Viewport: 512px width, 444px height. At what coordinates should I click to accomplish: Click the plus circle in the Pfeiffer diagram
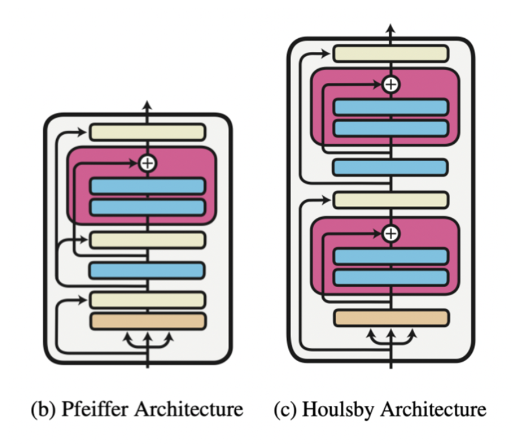click(147, 162)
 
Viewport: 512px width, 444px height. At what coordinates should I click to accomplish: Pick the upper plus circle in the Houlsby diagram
click(390, 84)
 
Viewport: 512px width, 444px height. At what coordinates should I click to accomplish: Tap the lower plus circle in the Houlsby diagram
click(390, 232)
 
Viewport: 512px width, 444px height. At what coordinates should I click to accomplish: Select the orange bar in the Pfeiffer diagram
click(147, 321)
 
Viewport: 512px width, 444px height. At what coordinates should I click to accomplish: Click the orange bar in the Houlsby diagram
click(390, 317)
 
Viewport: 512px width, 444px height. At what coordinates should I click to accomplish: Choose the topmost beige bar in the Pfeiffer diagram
click(147, 132)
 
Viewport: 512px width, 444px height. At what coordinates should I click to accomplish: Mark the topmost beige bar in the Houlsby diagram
click(390, 53)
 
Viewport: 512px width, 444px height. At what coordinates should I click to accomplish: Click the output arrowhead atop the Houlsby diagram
click(390, 27)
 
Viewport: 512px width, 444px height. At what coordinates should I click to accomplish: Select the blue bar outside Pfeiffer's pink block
click(147, 270)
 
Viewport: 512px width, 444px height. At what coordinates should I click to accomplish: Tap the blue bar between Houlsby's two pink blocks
click(390, 167)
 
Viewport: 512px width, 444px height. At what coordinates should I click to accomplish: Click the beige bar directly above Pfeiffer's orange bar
click(147, 300)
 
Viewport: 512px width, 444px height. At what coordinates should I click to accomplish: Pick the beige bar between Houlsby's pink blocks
click(390, 199)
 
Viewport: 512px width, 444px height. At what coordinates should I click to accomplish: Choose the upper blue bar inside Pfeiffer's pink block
click(147, 186)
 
